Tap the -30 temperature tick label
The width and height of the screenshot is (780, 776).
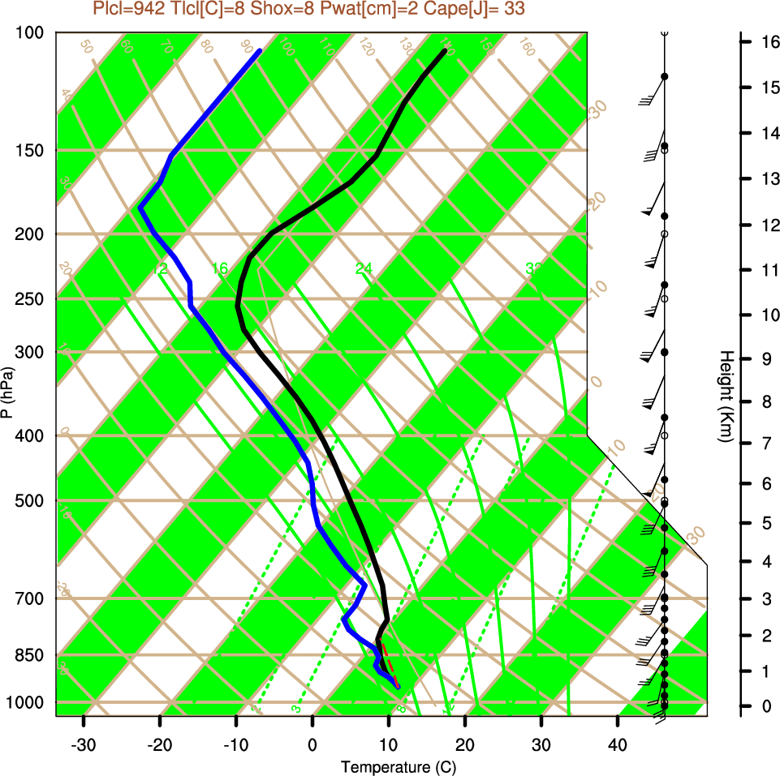84,744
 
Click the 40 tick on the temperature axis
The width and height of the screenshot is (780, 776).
617,744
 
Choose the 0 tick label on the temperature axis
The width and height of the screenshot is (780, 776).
312,744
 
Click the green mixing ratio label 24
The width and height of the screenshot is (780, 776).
364,268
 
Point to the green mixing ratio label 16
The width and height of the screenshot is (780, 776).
220,268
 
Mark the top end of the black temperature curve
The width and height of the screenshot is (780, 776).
445,51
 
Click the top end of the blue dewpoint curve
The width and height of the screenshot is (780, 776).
260,51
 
